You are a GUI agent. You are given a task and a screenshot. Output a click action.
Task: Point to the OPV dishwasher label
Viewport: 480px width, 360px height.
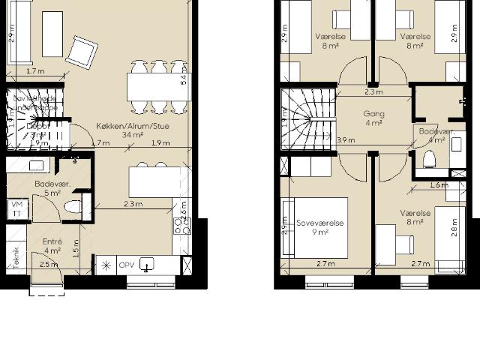[127, 265]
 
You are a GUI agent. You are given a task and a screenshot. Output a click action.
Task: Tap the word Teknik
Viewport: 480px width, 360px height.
[15, 257]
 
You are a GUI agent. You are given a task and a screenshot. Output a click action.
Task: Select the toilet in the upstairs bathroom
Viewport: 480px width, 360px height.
[429, 160]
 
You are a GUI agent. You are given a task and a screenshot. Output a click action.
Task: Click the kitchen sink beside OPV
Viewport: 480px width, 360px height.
[148, 264]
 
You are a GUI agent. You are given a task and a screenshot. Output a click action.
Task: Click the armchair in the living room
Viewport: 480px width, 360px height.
[82, 52]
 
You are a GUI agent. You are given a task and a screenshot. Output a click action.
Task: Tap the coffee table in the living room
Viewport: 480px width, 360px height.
[52, 34]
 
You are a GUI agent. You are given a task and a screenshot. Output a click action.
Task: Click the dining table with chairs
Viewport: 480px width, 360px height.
[158, 85]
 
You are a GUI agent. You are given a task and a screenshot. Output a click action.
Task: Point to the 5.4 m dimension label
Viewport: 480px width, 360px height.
[184, 79]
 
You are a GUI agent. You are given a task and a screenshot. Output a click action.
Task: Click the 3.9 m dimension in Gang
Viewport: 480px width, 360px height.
[346, 140]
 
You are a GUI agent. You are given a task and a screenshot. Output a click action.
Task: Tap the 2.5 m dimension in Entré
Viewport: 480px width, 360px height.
[48, 265]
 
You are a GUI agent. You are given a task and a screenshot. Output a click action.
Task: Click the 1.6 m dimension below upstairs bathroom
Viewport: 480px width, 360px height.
[439, 185]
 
